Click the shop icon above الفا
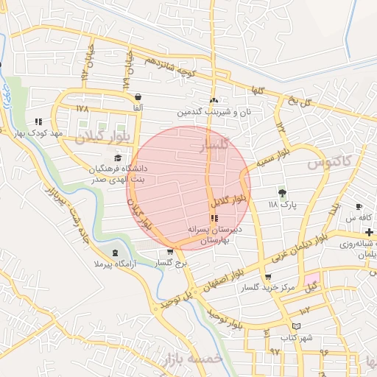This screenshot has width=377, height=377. [138, 96]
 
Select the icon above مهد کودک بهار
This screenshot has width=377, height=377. [38, 121]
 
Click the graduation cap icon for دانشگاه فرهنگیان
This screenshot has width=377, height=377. [117, 158]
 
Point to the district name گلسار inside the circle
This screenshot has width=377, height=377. [215, 146]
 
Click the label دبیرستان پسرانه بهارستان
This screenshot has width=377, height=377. [214, 235]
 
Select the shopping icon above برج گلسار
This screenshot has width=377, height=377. [170, 252]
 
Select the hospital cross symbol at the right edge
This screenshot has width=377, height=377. [369, 232]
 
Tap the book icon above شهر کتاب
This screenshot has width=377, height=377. [296, 325]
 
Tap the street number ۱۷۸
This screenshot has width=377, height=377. [82, 108]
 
